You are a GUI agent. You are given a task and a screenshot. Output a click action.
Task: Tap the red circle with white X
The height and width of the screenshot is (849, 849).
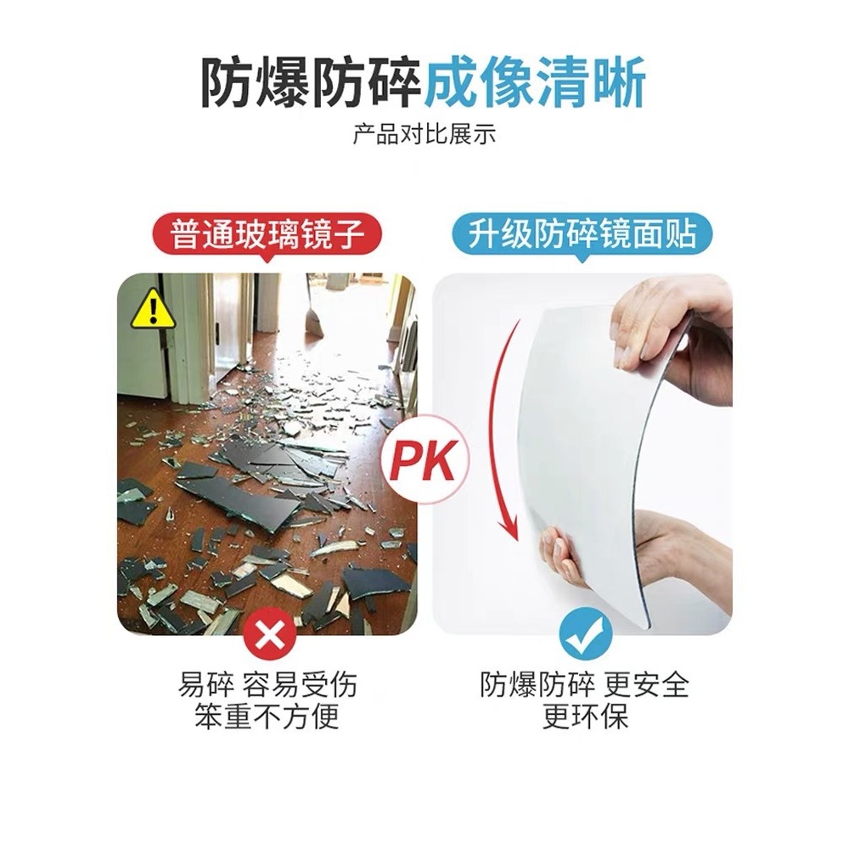pos(268,638)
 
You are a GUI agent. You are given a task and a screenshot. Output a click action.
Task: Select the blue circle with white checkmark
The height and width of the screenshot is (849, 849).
pos(585,634)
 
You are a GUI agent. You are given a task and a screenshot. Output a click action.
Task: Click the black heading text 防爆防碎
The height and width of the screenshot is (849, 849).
pos(312,83)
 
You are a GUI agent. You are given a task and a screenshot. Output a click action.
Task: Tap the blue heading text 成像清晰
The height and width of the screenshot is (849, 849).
pos(535,83)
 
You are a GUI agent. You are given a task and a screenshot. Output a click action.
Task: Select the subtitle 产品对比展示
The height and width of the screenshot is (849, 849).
pos(424,134)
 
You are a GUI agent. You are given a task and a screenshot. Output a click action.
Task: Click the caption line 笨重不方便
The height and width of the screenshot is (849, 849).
pos(267,717)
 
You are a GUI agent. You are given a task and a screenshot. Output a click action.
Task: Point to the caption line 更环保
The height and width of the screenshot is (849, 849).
pos(585,717)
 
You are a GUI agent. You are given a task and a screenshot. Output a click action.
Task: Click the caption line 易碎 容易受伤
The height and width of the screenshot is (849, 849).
pos(267,683)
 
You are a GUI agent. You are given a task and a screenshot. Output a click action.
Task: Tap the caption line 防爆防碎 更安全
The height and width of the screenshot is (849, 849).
pos(585,683)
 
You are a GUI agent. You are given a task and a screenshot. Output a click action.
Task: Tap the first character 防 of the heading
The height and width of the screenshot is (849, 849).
pos(228,83)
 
